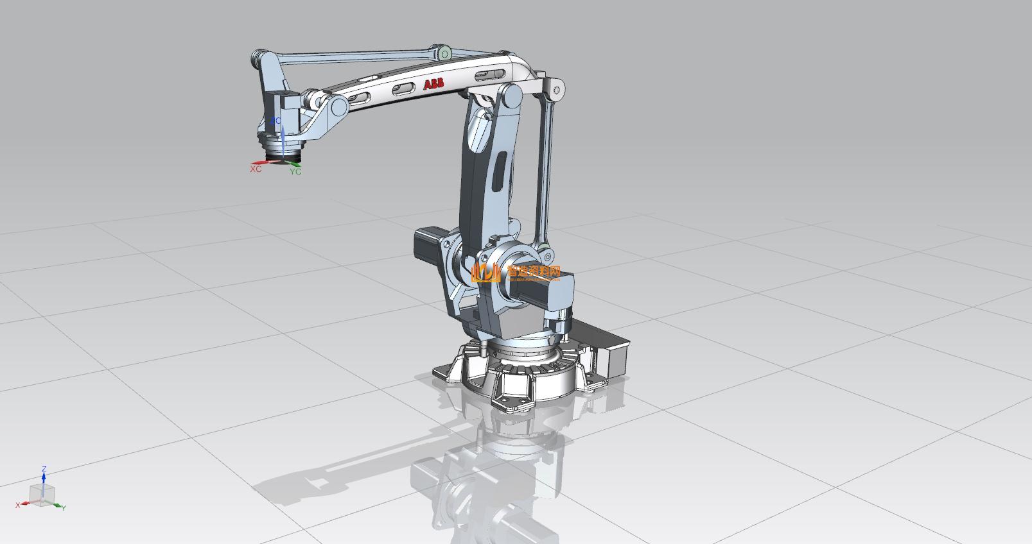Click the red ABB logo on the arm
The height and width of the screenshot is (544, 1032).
[x=433, y=84]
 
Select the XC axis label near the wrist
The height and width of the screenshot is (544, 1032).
[x=256, y=169]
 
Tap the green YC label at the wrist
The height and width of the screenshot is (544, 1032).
[x=295, y=172]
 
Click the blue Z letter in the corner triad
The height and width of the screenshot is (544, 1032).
[x=44, y=470]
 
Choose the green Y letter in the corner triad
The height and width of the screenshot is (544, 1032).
[x=64, y=507]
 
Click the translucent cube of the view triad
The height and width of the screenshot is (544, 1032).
[x=42, y=495]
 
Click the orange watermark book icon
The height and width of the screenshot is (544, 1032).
[x=485, y=273]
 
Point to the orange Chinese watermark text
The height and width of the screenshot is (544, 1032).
[x=534, y=272]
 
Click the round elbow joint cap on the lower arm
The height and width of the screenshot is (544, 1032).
[x=512, y=97]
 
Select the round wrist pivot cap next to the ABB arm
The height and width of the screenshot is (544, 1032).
[x=338, y=107]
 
